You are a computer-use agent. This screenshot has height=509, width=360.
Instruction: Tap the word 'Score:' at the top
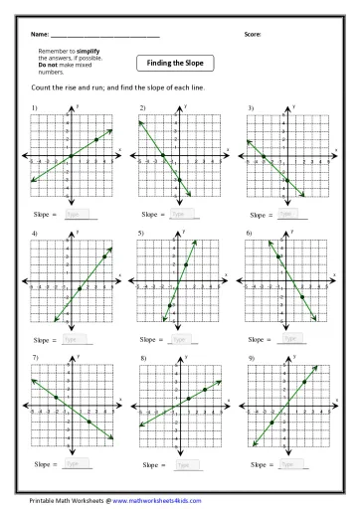253,35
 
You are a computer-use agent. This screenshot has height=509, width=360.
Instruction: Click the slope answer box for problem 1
76,213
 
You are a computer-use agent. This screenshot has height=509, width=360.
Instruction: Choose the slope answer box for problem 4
76,339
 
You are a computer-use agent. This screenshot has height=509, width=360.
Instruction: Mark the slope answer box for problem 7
76,463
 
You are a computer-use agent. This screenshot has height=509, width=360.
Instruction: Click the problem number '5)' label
142,232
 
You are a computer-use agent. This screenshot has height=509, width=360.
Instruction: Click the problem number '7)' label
35,356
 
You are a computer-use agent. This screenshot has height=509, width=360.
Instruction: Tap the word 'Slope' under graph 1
46,213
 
